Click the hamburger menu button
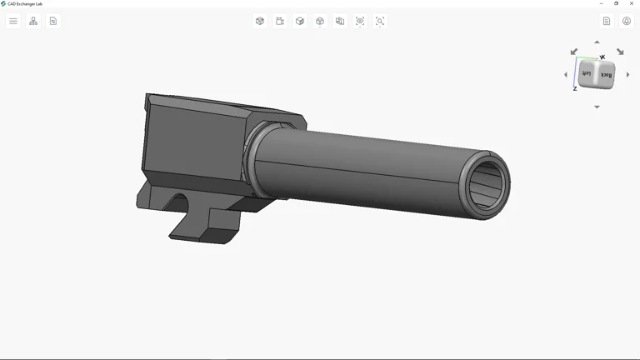coord(13,21)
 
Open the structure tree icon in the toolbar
coord(33,21)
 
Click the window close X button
coord(632,3)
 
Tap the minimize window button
coord(602,3)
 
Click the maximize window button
coord(617,3)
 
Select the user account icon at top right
coord(627,21)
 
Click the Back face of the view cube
coord(606,76)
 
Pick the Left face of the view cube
coord(587,74)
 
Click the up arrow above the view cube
coord(597,42)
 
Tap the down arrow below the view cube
coord(597,107)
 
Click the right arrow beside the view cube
coord(628,75)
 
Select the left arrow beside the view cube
coord(566,75)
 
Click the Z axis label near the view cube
coord(575,88)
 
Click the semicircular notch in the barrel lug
coord(179,202)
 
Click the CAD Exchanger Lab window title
coord(25,3)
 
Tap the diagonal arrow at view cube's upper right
coord(620,52)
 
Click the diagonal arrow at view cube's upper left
coord(573,52)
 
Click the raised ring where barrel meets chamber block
coord(251,153)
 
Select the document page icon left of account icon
coord(607,21)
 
